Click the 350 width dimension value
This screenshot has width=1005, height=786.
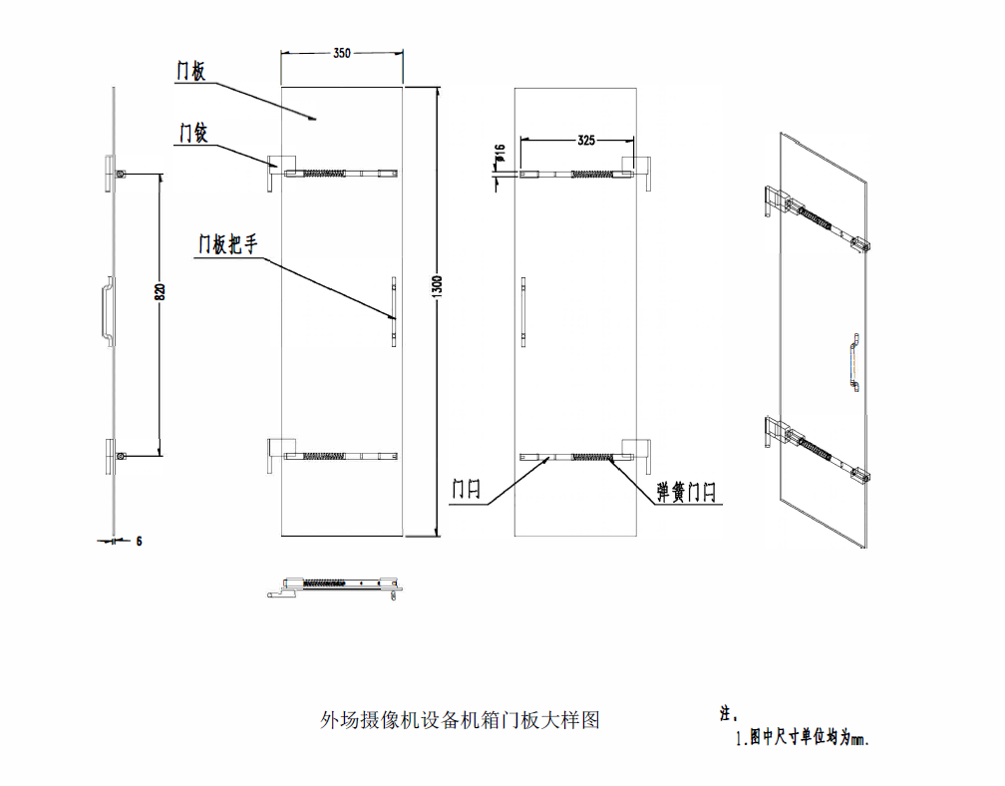[x=342, y=53]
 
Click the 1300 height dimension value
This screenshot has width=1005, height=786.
[x=438, y=286]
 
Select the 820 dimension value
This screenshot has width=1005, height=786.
[x=161, y=291]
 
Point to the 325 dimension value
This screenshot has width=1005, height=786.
[x=586, y=140]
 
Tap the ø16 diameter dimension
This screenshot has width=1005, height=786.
[x=501, y=153]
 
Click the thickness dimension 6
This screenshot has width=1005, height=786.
[x=139, y=542]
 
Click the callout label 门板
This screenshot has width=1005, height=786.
[x=191, y=71]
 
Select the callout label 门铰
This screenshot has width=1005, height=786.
[x=193, y=134]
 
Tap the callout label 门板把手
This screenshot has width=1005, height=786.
[x=227, y=244]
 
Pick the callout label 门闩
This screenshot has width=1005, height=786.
[x=466, y=489]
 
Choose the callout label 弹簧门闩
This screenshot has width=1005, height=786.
[x=686, y=493]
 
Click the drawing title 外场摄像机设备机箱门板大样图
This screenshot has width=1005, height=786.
[x=461, y=720]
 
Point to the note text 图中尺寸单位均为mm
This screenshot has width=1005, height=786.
[x=810, y=738]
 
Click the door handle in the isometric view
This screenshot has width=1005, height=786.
[x=854, y=361]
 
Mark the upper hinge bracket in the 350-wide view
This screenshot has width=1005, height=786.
[x=281, y=172]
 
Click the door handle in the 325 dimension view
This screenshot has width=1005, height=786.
[x=523, y=312]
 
